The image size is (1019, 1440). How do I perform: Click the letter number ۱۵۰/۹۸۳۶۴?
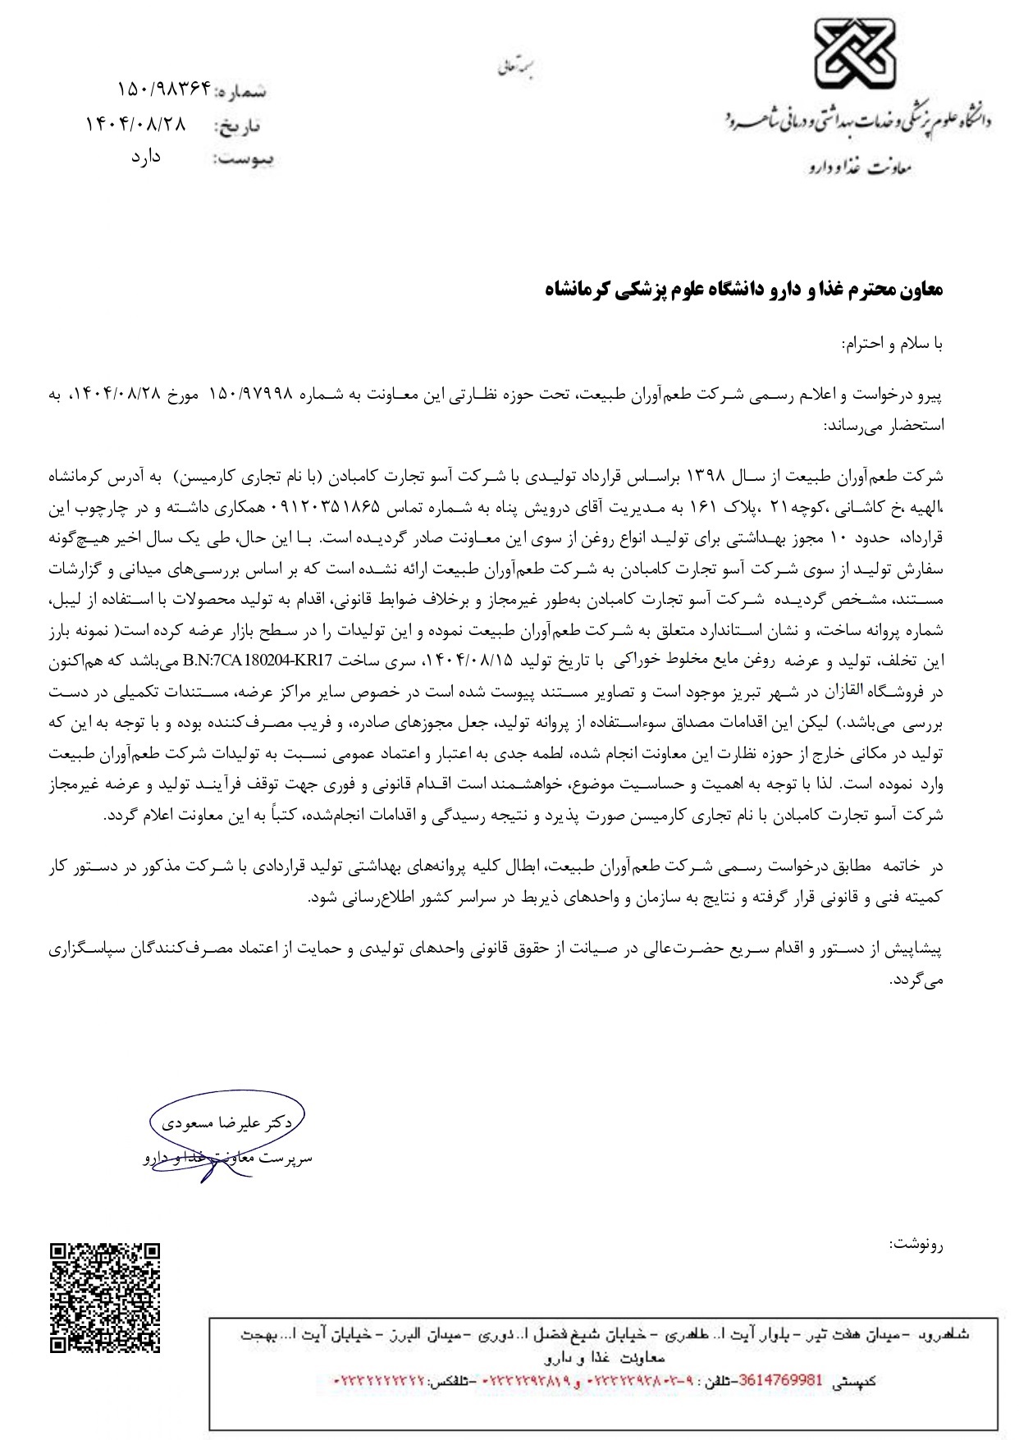(164, 88)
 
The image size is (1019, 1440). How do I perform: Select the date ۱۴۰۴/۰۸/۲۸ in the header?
(136, 124)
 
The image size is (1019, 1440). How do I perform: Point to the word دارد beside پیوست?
(145, 157)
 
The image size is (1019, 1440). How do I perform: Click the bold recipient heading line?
(744, 290)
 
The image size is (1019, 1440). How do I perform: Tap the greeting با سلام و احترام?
(893, 344)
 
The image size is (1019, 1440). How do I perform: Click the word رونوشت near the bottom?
(916, 1244)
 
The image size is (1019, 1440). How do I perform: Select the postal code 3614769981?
(780, 1379)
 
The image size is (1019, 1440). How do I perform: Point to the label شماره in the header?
(241, 91)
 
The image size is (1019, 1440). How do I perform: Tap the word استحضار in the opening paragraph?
(917, 425)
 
